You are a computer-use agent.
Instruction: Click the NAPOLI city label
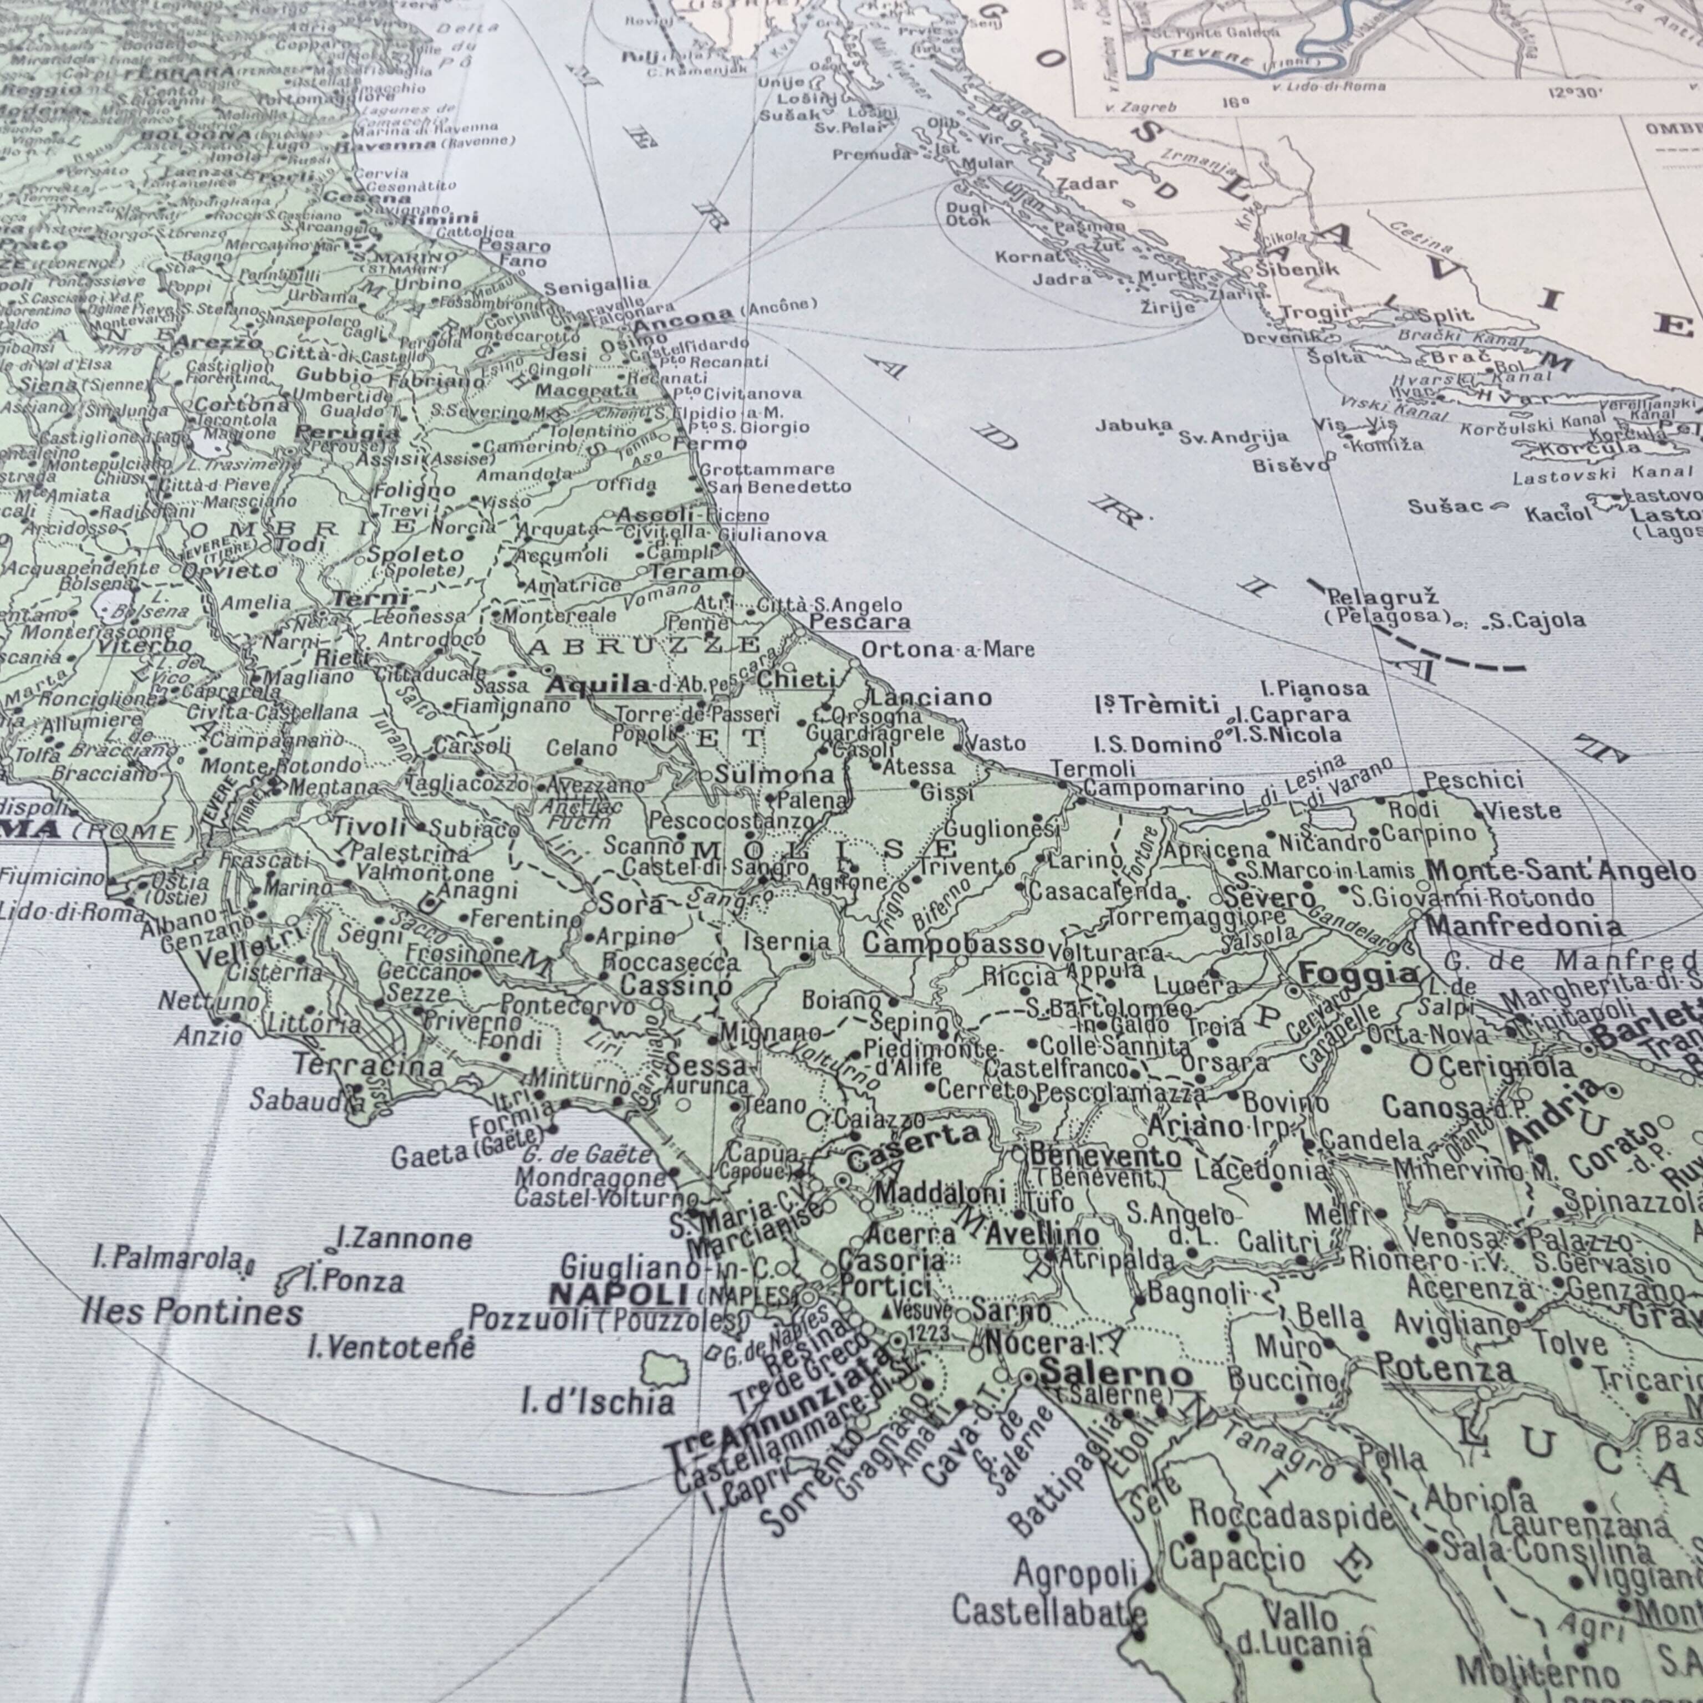pyautogui.click(x=618, y=1294)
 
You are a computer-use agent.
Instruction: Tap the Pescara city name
pyautogui.click(x=859, y=623)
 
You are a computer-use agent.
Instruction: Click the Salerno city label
pyautogui.click(x=1115, y=1373)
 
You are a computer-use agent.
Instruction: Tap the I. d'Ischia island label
pyautogui.click(x=598, y=1401)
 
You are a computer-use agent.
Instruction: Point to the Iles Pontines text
pyautogui.click(x=192, y=1312)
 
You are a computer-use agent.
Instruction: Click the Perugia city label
pyautogui.click(x=346, y=433)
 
